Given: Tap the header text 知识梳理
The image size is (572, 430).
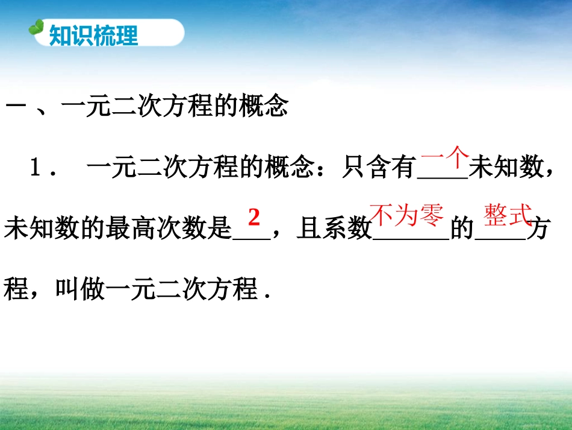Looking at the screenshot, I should (93, 36).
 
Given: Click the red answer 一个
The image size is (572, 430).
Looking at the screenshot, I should (444, 160).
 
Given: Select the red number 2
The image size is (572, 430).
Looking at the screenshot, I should (253, 217).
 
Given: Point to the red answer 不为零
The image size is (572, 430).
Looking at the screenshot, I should (406, 215).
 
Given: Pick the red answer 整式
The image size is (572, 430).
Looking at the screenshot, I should (507, 215).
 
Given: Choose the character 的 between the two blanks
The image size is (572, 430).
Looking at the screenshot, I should (462, 230).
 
